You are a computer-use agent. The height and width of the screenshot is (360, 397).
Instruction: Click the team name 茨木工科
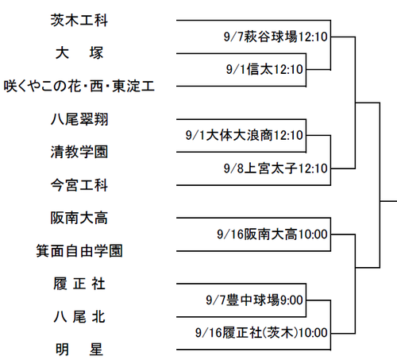(79, 21)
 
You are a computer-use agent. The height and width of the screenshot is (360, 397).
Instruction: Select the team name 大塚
(79, 53)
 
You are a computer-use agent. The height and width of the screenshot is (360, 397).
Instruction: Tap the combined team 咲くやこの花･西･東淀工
(79, 86)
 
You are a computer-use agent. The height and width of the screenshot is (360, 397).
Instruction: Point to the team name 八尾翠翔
(79, 119)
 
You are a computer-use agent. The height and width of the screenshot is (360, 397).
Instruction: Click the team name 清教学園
(79, 152)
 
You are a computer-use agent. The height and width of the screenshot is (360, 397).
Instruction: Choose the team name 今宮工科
(79, 185)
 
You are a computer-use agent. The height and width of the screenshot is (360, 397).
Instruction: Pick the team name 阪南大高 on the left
(79, 218)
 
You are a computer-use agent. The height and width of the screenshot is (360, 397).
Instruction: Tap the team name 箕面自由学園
(79, 251)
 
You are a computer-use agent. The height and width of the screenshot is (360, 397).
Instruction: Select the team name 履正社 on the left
(79, 284)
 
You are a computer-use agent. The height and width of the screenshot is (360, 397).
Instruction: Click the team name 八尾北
(79, 317)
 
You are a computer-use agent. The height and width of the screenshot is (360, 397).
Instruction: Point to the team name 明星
(79, 350)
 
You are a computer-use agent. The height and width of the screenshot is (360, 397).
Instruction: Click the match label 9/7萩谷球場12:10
(276, 37)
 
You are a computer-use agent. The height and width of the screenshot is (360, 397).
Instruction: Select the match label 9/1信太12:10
(264, 69)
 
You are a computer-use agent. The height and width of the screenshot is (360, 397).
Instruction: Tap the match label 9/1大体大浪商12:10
(245, 135)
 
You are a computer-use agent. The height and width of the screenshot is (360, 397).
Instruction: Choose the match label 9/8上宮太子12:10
(276, 168)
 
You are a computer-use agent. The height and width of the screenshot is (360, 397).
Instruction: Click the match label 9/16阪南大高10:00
(272, 234)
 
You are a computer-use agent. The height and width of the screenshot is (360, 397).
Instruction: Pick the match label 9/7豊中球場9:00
(254, 300)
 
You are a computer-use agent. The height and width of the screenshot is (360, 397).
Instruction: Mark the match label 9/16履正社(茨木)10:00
(261, 333)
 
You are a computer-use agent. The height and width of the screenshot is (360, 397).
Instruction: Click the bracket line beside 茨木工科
(253, 20)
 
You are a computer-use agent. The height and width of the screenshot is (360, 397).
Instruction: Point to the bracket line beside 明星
(253, 350)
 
